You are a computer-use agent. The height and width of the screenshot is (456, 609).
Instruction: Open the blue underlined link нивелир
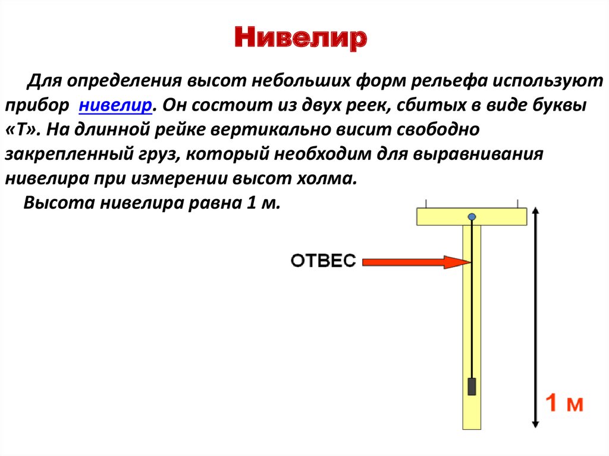[115, 105]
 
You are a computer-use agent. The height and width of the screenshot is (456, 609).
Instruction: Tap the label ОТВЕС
[323, 260]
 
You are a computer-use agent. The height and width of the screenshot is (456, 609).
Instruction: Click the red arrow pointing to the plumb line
[416, 262]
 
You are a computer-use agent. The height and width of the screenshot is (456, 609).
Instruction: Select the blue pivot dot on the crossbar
[472, 216]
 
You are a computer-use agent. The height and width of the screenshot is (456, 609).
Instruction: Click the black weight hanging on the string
[472, 386]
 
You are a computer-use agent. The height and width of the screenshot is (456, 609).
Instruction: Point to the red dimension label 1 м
[564, 402]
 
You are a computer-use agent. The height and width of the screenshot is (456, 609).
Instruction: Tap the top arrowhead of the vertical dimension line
[535, 211]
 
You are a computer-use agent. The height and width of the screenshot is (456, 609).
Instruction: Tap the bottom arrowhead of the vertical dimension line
[535, 424]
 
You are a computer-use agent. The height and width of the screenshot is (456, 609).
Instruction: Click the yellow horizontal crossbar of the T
[472, 217]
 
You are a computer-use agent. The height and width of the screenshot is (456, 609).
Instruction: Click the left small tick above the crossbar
[426, 203]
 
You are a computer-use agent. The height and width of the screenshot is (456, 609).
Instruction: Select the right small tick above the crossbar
[518, 203]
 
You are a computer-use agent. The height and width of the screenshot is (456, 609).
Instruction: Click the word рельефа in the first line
[448, 81]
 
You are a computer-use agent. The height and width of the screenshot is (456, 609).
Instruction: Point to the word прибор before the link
[37, 106]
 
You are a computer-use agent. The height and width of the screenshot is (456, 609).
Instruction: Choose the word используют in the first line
[548, 81]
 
